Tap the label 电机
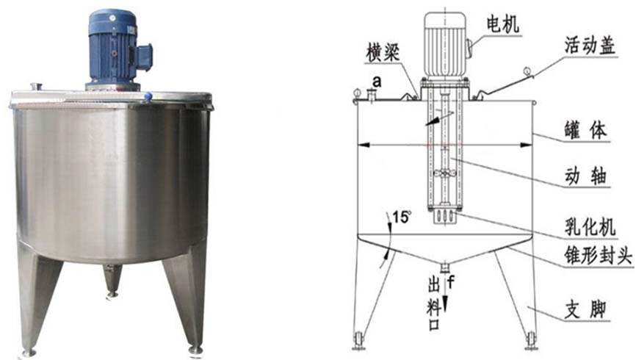502,25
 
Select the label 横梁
383,53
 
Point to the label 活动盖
590,45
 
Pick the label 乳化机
590,227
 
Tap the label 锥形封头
598,255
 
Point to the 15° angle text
401,217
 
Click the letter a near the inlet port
377,82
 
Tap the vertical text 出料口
433,304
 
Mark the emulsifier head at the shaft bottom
444,216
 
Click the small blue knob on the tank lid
148,96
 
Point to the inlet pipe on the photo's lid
37,87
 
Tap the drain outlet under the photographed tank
112,280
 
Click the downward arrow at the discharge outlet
445,295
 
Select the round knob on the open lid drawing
527,71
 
